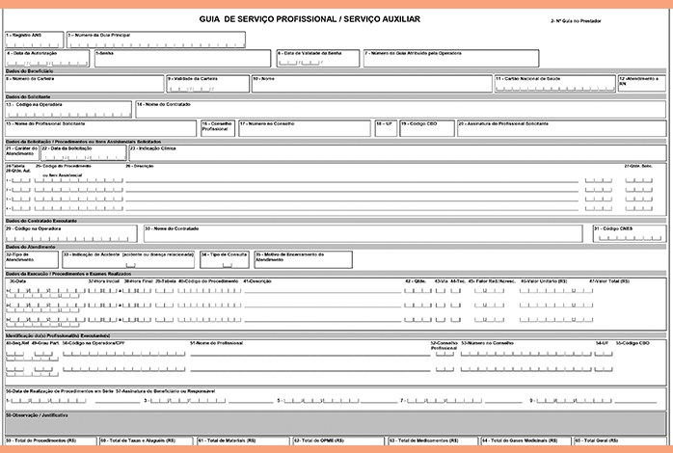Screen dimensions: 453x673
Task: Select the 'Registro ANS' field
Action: pos(34,40)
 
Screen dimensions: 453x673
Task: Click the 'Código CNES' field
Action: pos(628,233)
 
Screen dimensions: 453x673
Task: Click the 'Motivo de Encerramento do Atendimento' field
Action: pos(288,258)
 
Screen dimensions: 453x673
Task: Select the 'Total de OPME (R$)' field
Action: pos(337,442)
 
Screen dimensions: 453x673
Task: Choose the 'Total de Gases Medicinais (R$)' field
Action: pos(525,442)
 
